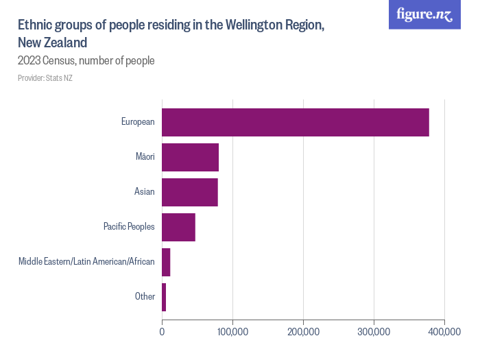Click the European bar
[x=295, y=122]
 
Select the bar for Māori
[x=190, y=157]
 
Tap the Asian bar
[x=189, y=192]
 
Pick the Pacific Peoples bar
[x=178, y=227]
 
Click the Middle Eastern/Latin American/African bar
[x=166, y=262]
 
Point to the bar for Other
[x=164, y=297]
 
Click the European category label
[x=138, y=122]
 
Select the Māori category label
[x=145, y=157]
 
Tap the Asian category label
[x=144, y=192]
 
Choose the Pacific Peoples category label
[x=129, y=227]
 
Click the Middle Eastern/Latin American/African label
[x=86, y=262]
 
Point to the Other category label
[x=145, y=297]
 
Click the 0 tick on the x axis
[x=162, y=332]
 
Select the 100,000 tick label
[x=232, y=332]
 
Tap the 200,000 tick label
[x=303, y=332]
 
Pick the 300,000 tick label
[x=374, y=332]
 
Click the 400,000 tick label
[x=444, y=332]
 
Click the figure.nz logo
[x=424, y=14]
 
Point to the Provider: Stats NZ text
[x=45, y=78]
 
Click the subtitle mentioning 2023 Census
[x=86, y=60]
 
